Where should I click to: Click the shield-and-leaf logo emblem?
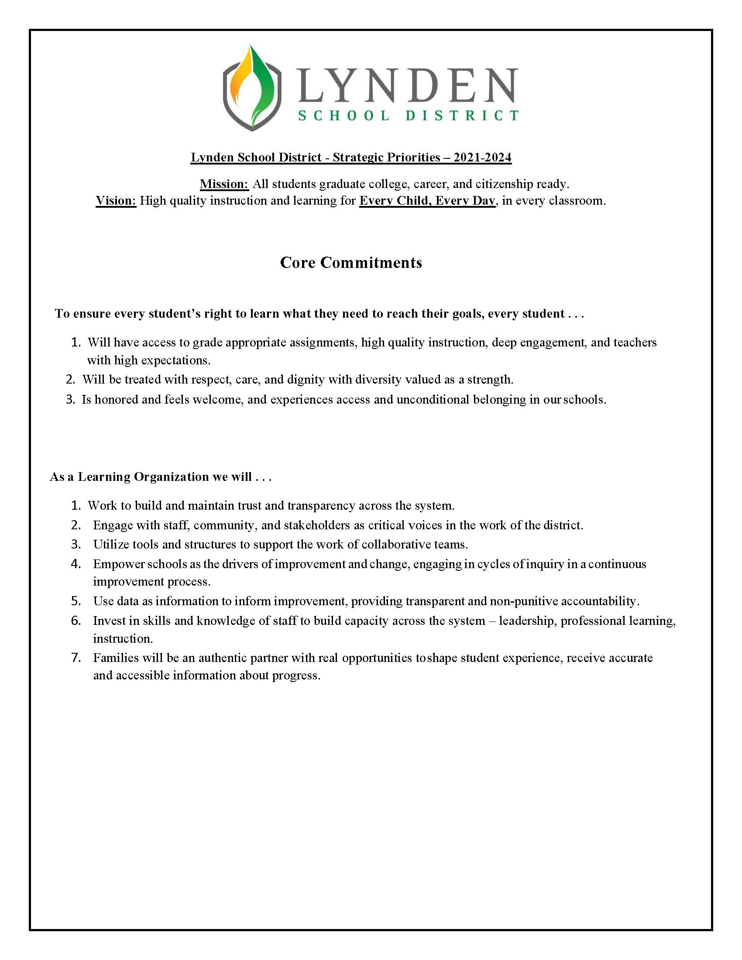pyautogui.click(x=251, y=88)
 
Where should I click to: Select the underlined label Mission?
pyautogui.click(x=224, y=184)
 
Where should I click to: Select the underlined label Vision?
pyautogui.click(x=116, y=201)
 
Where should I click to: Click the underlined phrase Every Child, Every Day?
pyautogui.click(x=427, y=201)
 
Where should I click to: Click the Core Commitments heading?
pyautogui.click(x=351, y=262)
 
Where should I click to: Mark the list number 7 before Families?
pyautogui.click(x=76, y=658)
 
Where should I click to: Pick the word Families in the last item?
pyautogui.click(x=113, y=658)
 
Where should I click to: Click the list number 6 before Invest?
pyautogui.click(x=76, y=621)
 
